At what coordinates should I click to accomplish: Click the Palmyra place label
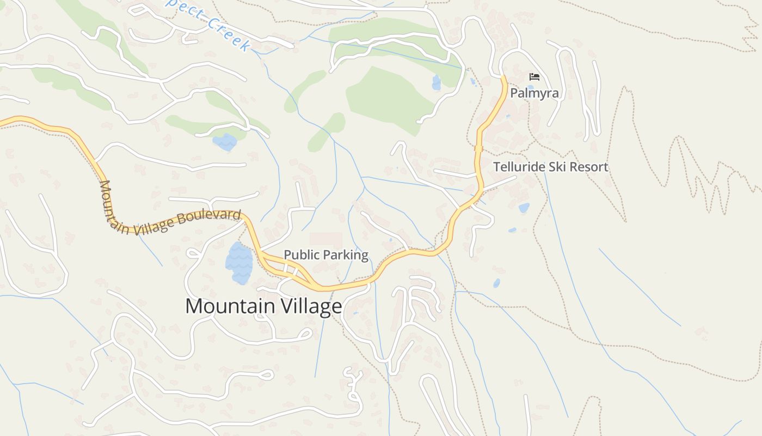(x=534, y=93)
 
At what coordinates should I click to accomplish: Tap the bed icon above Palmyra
(x=534, y=77)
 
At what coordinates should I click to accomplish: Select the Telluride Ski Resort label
(x=550, y=167)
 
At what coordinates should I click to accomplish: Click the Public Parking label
(x=326, y=255)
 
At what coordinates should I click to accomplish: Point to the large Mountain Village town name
(x=263, y=306)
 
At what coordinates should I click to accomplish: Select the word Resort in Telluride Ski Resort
(x=591, y=167)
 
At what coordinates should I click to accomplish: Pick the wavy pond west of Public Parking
(x=239, y=263)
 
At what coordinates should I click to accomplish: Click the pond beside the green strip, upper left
(x=225, y=142)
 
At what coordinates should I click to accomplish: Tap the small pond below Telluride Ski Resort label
(x=524, y=208)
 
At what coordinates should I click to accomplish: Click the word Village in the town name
(x=311, y=307)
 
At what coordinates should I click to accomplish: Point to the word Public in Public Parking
(x=299, y=255)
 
